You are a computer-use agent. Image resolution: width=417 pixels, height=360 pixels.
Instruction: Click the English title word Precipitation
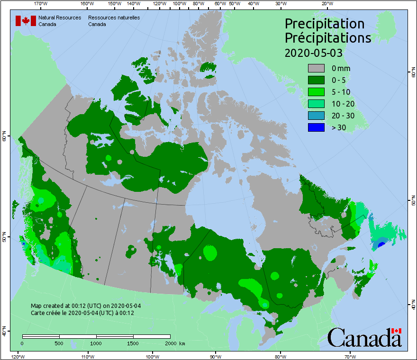tap(324, 24)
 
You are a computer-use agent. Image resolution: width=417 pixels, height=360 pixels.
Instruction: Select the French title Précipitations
tap(327, 38)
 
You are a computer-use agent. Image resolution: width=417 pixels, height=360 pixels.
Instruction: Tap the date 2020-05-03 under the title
tap(313, 53)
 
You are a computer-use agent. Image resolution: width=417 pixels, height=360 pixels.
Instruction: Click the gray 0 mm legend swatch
tap(316, 69)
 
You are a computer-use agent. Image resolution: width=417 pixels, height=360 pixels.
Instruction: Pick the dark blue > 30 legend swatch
tap(316, 127)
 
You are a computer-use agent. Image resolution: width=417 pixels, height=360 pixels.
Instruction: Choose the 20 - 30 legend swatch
tap(316, 116)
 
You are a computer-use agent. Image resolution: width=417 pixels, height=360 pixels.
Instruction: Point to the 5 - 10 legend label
tap(341, 92)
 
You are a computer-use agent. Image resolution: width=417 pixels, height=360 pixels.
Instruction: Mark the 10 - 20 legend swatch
tap(316, 104)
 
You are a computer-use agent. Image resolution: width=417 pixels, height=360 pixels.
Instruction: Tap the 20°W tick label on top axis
tap(326, 3)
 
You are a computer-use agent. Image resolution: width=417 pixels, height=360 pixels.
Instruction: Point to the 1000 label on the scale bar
tap(96, 343)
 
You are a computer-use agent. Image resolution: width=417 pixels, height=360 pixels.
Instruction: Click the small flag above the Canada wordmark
tap(396, 331)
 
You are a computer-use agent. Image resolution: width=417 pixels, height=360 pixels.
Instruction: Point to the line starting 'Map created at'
tap(85, 306)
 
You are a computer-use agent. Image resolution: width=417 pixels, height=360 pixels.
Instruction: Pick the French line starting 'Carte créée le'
tap(82, 313)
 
